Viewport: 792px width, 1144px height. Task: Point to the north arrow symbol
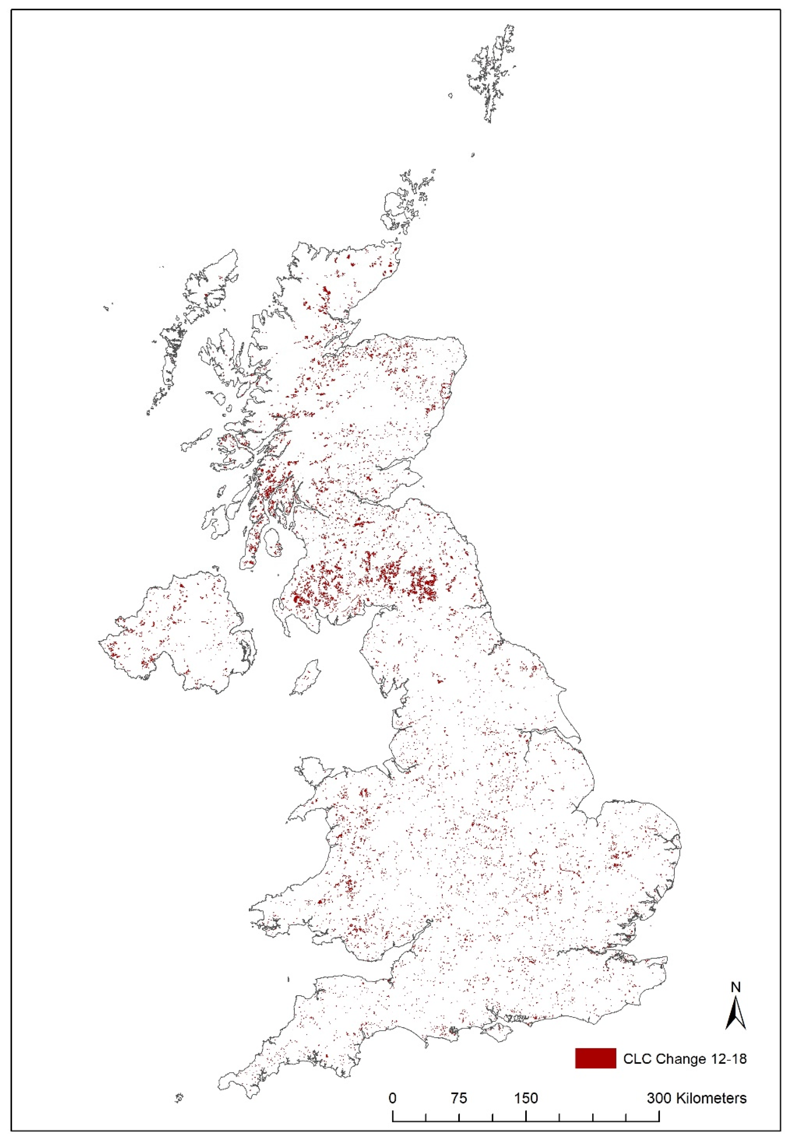tap(736, 1012)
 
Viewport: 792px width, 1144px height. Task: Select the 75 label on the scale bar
tap(459, 1098)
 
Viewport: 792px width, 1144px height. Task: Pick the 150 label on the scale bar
tap(526, 1098)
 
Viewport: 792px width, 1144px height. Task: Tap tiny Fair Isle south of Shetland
tap(473, 155)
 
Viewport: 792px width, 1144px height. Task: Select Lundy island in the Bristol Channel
tap(288, 979)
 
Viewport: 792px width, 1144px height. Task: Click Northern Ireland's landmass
tap(174, 635)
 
